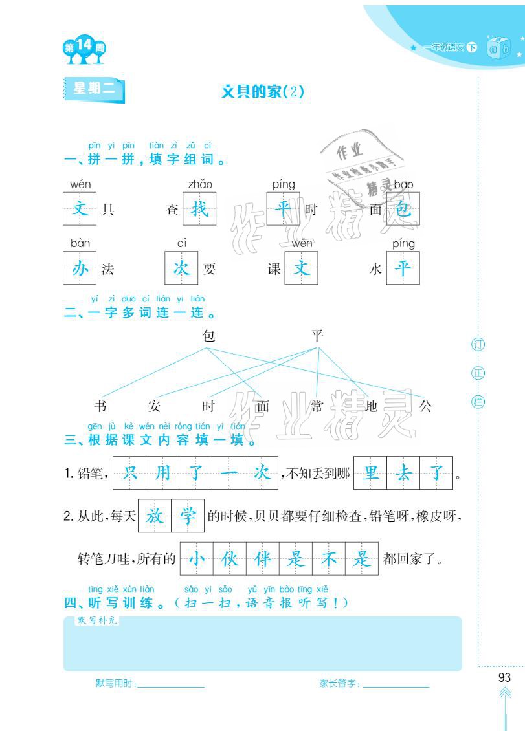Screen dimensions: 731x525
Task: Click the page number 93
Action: (505, 677)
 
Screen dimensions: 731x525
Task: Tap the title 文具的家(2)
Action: (262, 92)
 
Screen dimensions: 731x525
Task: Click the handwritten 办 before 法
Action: (80, 268)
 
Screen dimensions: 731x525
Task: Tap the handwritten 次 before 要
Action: (181, 268)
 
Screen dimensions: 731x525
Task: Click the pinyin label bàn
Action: (80, 243)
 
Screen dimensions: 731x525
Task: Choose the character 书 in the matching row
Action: (100, 406)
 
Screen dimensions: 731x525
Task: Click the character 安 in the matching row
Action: (154, 406)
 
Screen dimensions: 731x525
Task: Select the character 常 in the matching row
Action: (317, 406)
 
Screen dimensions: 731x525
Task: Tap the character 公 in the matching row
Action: (425, 406)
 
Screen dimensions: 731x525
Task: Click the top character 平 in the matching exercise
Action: (317, 335)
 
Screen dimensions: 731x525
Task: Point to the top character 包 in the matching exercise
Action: (208, 335)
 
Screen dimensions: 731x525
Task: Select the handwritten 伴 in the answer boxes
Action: (262, 558)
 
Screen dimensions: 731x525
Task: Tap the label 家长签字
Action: (339, 684)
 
